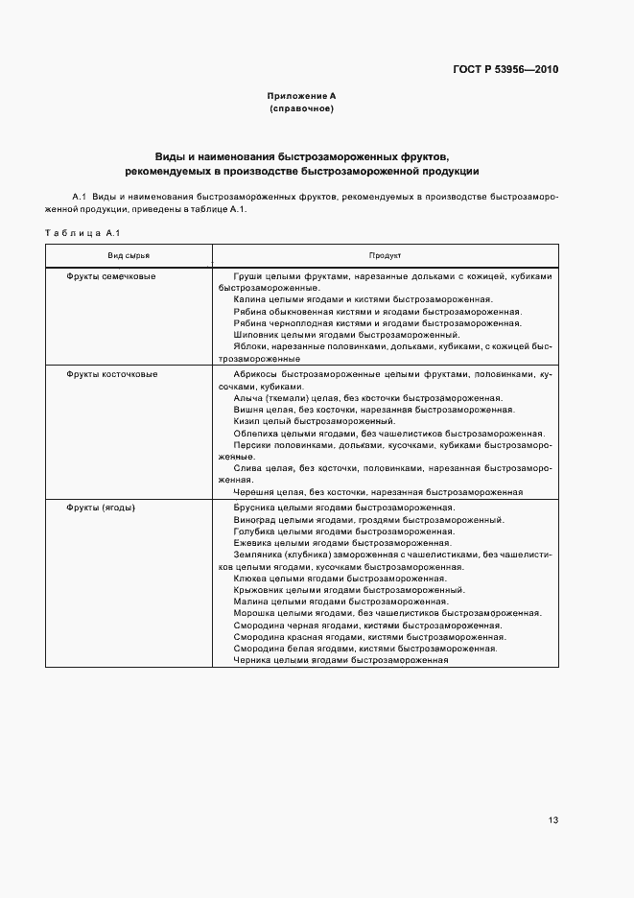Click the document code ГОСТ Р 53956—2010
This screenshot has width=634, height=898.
click(x=505, y=70)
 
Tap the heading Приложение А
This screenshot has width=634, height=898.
click(x=301, y=97)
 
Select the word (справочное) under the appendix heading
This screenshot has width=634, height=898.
click(x=301, y=109)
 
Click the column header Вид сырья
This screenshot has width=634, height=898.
click(x=128, y=256)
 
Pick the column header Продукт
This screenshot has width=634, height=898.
click(x=385, y=256)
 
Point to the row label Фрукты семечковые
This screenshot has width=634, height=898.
click(x=111, y=276)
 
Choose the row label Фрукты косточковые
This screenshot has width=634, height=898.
click(x=112, y=374)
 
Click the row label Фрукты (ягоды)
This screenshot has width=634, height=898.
click(x=101, y=507)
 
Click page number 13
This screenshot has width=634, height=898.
click(x=553, y=820)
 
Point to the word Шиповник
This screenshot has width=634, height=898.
click(x=254, y=335)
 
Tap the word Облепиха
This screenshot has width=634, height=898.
click(x=255, y=433)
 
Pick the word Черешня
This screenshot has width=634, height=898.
click(x=253, y=491)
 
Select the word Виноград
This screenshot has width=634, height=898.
click(x=254, y=519)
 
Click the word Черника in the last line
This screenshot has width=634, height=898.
click(x=252, y=660)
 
